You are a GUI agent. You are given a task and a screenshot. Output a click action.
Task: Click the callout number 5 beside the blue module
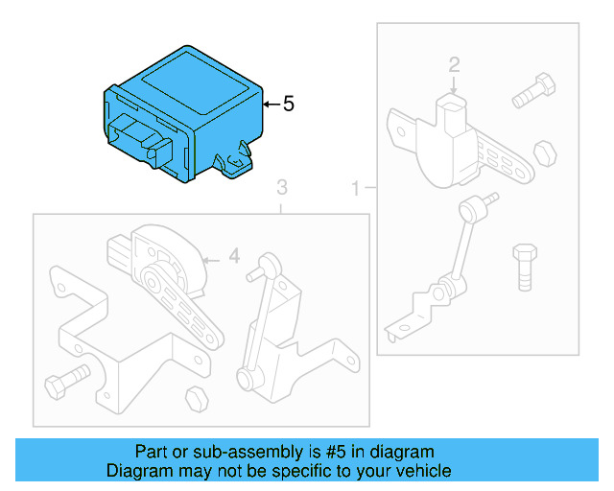(289, 104)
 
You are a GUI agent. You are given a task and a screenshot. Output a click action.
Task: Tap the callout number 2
(455, 65)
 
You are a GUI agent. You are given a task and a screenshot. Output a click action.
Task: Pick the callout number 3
(281, 185)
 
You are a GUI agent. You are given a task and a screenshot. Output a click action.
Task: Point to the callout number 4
(233, 257)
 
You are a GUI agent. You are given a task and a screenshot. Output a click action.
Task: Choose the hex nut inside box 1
(542, 152)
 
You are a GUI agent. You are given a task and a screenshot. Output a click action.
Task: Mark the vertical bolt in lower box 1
(524, 266)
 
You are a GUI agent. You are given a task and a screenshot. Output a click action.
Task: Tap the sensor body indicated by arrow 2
(451, 124)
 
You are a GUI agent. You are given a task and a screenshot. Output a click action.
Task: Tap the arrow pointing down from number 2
(455, 85)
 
